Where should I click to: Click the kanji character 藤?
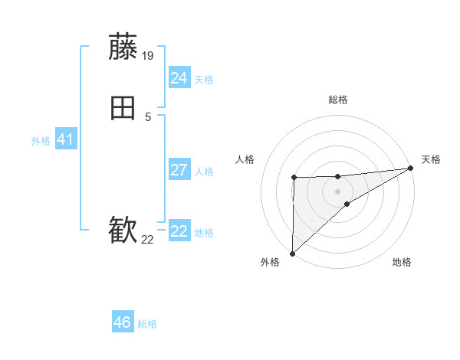coord(123,47)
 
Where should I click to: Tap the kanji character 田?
coord(123,108)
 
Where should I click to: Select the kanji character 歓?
coord(123,231)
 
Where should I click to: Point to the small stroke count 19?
coord(149,56)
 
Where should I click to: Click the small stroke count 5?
coord(148,116)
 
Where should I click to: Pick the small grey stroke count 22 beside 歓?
coord(148,240)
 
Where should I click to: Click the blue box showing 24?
coord(179,78)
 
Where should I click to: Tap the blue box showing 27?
coord(179,170)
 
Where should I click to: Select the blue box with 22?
coord(179,231)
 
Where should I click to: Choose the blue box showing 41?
coord(65,140)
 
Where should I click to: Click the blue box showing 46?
coord(122,322)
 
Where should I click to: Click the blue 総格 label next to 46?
coord(147,324)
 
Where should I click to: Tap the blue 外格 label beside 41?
coord(41,141)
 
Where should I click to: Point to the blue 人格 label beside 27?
coord(204,172)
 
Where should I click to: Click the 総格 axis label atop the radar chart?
coord(337,100)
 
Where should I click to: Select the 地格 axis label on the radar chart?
coord(402,263)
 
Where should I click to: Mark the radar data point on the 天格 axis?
coord(410,168)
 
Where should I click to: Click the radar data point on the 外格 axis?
coord(292,253)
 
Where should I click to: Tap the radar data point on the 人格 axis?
coord(294,178)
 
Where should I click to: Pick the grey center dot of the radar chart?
coord(337,191)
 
